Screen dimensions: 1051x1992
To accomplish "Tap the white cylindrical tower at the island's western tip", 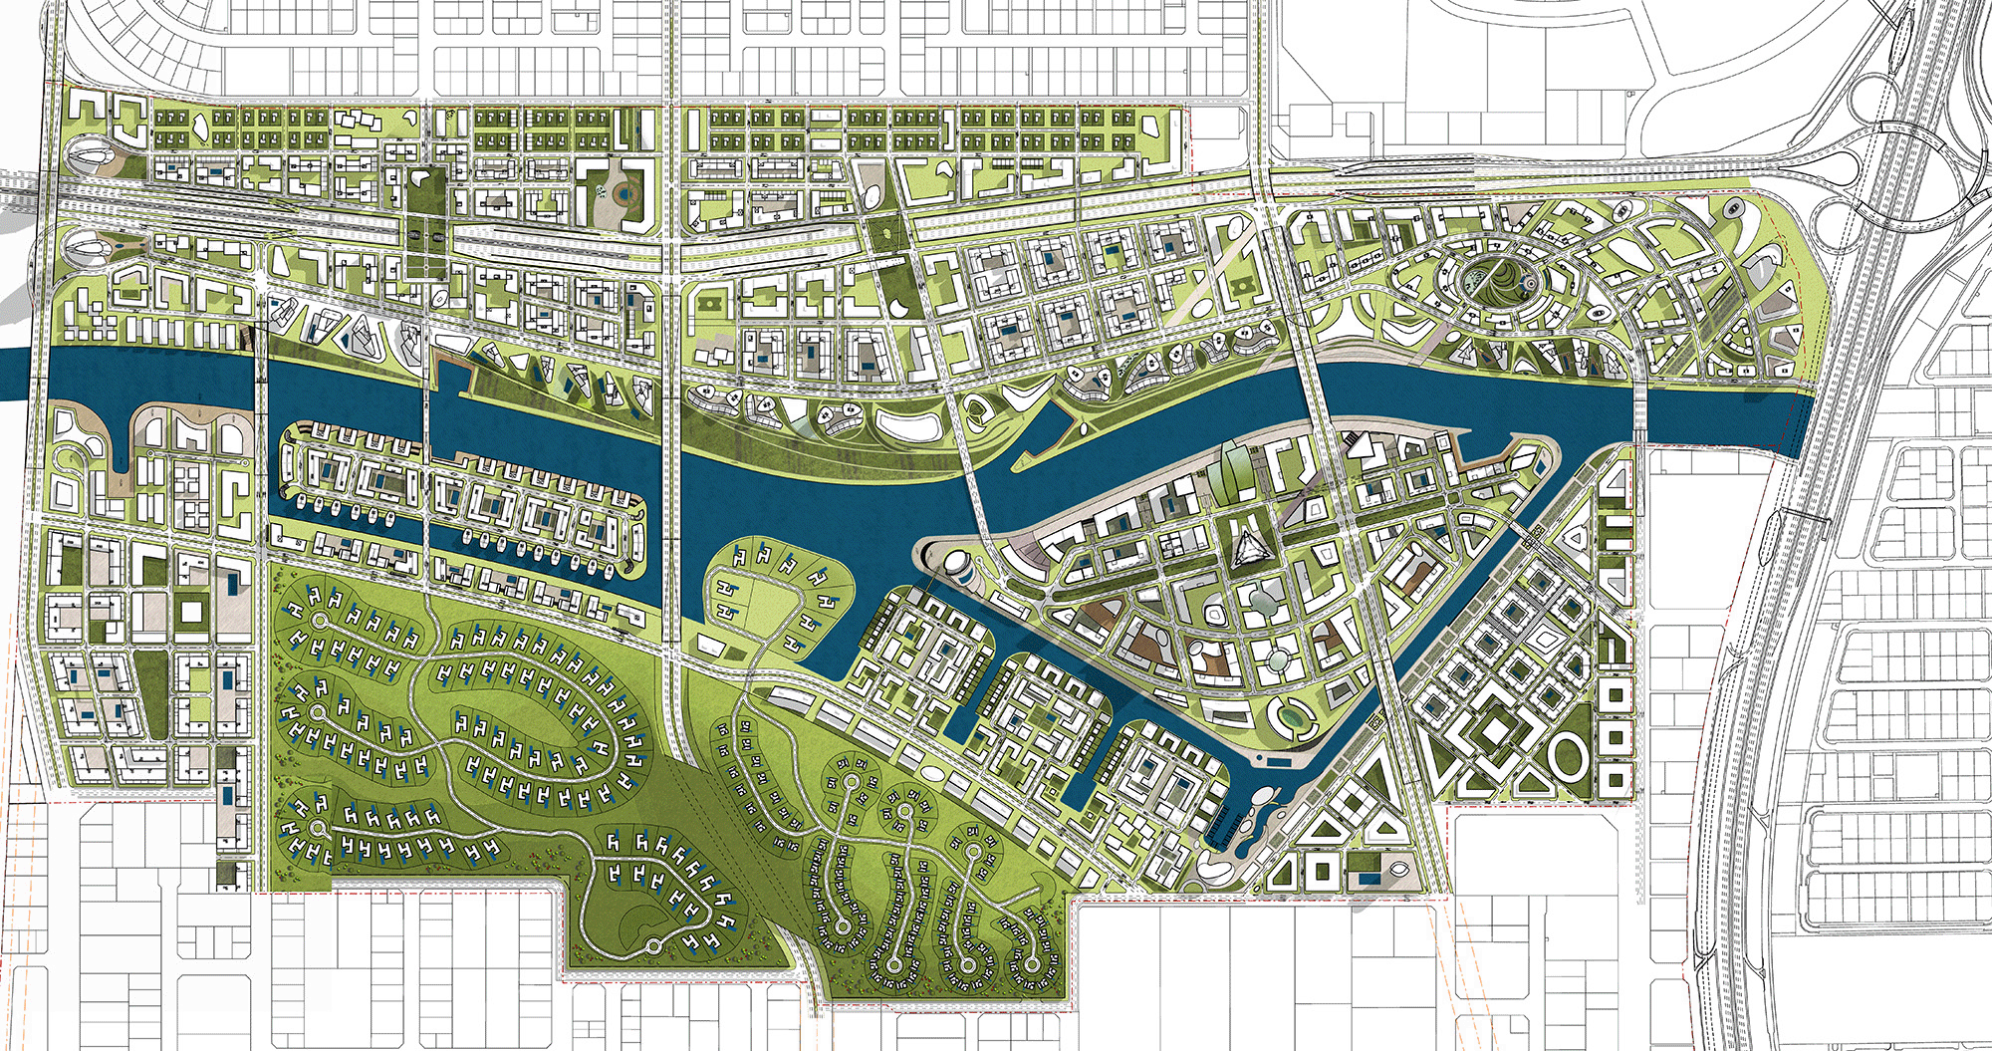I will click(x=957, y=571).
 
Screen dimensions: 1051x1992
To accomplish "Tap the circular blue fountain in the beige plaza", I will click(x=623, y=192).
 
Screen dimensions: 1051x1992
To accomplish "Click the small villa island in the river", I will click(x=776, y=598).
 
